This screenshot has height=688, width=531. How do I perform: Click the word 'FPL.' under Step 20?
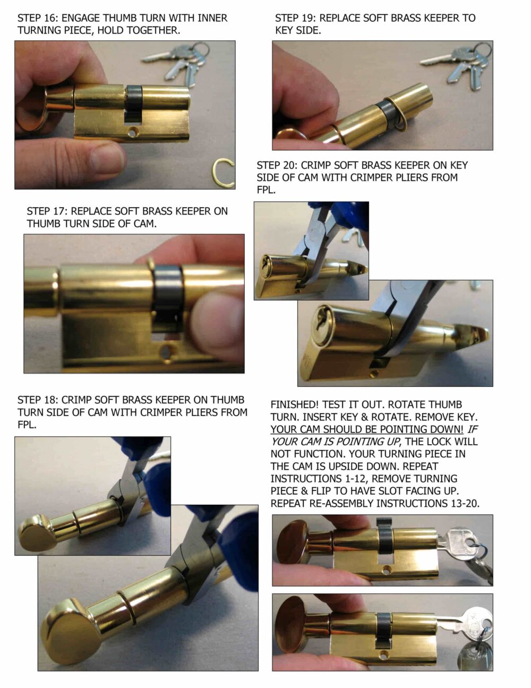tap(266, 190)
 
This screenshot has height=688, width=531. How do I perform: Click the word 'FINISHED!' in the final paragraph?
tap(295, 404)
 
